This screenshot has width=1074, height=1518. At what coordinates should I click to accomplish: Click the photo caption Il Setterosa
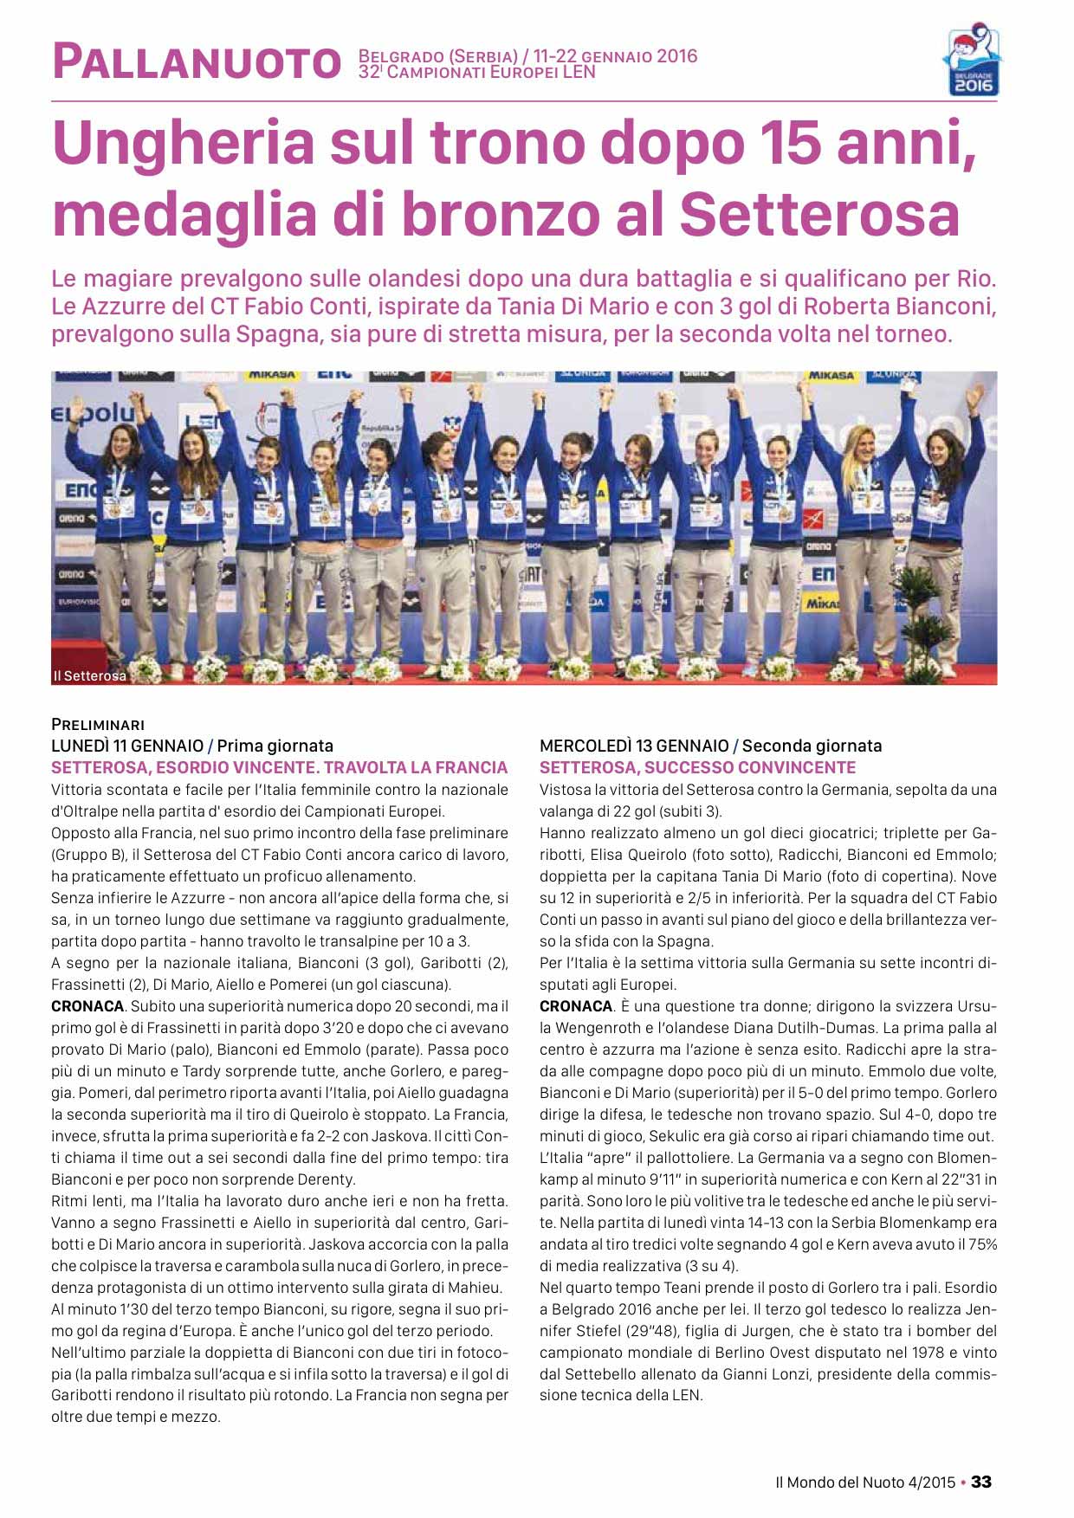pyautogui.click(x=89, y=675)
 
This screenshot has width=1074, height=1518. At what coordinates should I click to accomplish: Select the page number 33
pyautogui.click(x=981, y=1482)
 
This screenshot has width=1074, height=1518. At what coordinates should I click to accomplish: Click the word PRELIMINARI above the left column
pyautogui.click(x=98, y=724)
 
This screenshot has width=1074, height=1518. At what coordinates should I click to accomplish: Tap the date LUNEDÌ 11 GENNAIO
pyautogui.click(x=127, y=746)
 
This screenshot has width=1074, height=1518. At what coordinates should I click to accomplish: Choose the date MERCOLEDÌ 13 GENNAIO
pyautogui.click(x=634, y=746)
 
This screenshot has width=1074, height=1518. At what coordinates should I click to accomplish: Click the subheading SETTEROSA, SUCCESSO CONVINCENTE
pyautogui.click(x=697, y=767)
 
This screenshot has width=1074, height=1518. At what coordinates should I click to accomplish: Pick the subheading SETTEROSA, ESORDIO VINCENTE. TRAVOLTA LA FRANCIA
pyautogui.click(x=279, y=767)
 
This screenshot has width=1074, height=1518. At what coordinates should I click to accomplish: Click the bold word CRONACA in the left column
pyautogui.click(x=87, y=1006)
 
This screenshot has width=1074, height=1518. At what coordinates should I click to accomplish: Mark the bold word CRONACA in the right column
pyautogui.click(x=576, y=1006)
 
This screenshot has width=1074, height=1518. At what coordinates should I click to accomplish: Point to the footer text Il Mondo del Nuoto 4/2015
pyautogui.click(x=865, y=1482)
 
